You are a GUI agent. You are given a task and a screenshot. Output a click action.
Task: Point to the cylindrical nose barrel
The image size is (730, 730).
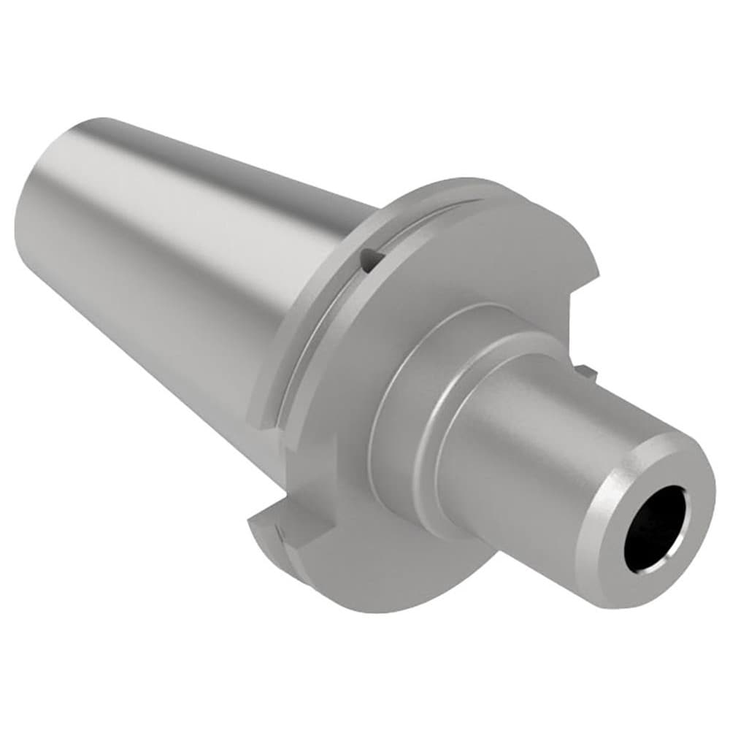tap(526, 453)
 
